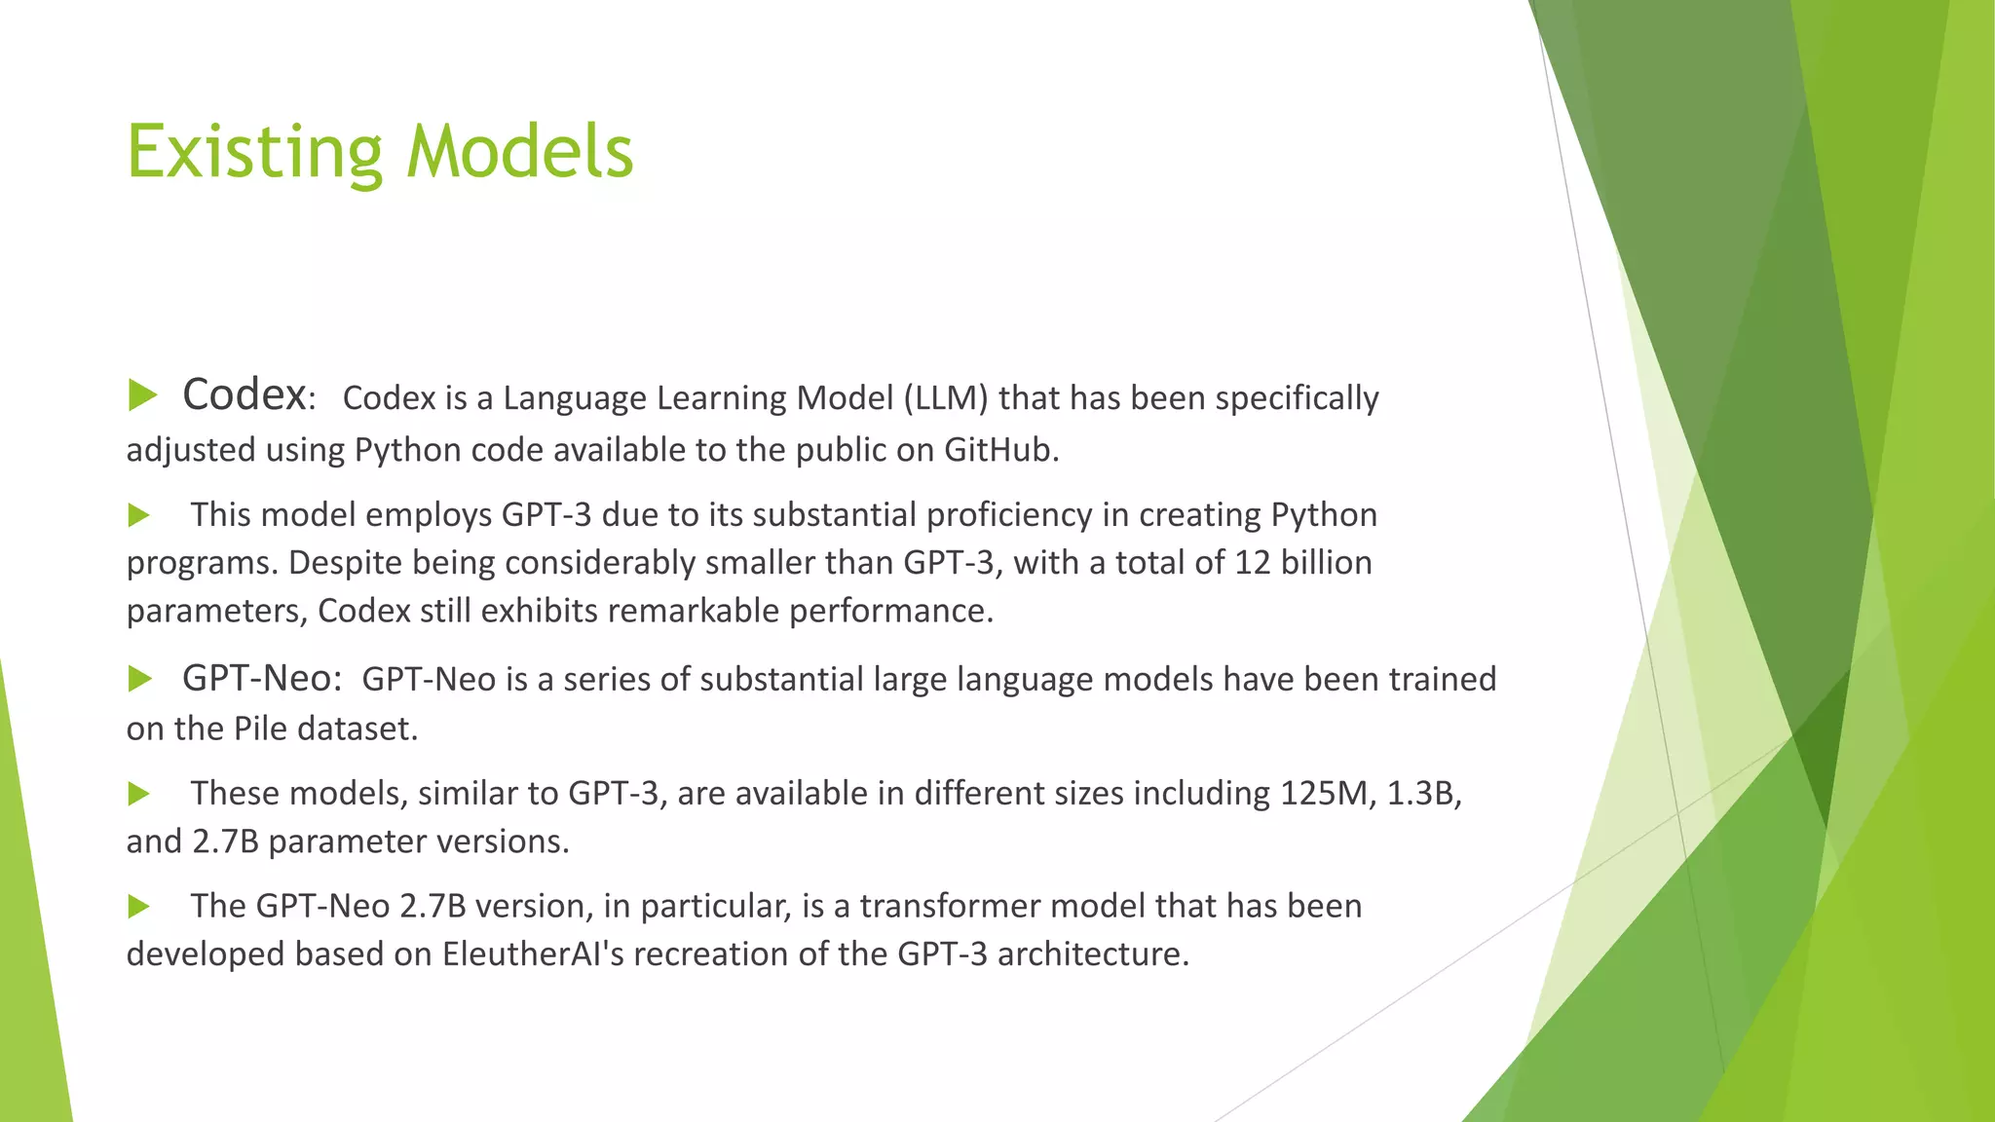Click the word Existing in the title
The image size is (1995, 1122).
tap(254, 153)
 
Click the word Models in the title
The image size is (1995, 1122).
tap(519, 153)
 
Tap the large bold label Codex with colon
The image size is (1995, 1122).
tap(247, 395)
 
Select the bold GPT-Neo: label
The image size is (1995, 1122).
tap(261, 679)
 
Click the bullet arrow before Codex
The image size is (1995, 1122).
tap(142, 395)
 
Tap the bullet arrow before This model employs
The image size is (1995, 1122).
tap(139, 515)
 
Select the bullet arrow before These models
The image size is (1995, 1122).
tap(139, 794)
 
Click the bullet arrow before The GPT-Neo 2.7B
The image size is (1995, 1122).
tap(139, 907)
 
